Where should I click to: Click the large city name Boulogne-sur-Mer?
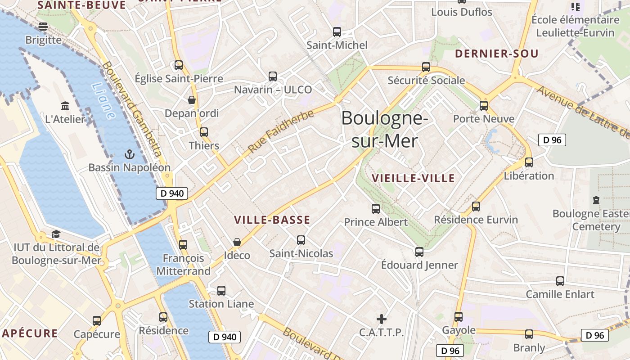[384, 130]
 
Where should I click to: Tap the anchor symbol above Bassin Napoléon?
[130, 154]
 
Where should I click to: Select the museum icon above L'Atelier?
[65, 106]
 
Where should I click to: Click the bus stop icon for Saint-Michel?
[337, 32]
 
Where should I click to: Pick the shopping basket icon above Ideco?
[237, 242]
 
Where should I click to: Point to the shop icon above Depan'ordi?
[192, 99]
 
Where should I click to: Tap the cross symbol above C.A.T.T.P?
[382, 319]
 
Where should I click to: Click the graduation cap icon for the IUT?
[56, 234]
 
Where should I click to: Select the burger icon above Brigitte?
[43, 27]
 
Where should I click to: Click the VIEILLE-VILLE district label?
[414, 178]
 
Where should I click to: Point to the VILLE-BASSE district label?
[272, 220]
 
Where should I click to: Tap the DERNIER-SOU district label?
[497, 54]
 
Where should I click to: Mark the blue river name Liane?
[103, 101]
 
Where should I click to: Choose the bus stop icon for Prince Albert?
[376, 209]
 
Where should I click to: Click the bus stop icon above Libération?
[529, 162]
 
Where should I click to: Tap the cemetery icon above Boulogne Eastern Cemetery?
[596, 200]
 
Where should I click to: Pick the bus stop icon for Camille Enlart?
[560, 281]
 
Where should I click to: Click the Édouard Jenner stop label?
[419, 265]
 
